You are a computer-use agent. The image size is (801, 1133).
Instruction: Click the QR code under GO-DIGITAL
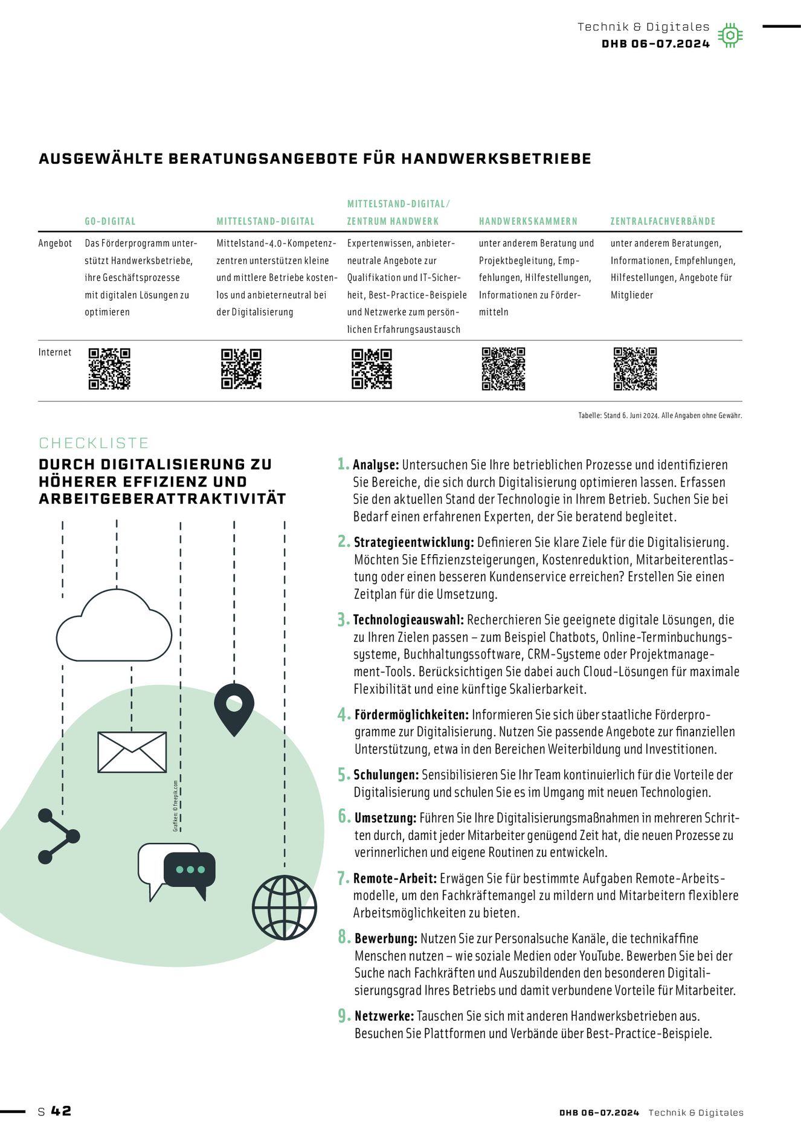coord(109,369)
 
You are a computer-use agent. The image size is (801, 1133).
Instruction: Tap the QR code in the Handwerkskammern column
coord(503,369)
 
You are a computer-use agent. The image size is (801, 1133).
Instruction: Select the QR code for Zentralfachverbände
coord(635,369)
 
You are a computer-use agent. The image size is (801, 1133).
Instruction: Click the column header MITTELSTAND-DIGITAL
coord(265,221)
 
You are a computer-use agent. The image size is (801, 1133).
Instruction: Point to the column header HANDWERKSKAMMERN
coord(528,221)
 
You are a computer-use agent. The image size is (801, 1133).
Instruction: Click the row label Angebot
coord(55,244)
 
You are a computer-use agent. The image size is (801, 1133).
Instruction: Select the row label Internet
coord(55,352)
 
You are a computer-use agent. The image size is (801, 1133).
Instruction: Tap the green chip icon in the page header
coord(730,36)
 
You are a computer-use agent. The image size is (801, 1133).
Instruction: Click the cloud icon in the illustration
coord(114,628)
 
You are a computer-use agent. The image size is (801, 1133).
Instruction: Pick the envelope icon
coord(132,752)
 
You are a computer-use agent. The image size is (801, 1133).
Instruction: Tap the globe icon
coord(284,907)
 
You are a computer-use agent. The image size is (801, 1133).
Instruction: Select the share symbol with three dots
coord(57,836)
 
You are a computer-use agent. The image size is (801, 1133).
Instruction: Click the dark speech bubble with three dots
coord(190,872)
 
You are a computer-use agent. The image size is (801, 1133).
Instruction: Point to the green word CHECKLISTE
coord(94,443)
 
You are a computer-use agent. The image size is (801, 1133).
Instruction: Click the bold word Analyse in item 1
coord(376,465)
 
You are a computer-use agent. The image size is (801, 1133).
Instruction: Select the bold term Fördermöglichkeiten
coord(411,715)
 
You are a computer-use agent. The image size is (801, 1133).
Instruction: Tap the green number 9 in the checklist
coord(343,1016)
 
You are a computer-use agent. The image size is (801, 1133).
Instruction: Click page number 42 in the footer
coord(61,1111)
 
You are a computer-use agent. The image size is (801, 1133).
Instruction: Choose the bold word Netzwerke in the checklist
coord(384,1016)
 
